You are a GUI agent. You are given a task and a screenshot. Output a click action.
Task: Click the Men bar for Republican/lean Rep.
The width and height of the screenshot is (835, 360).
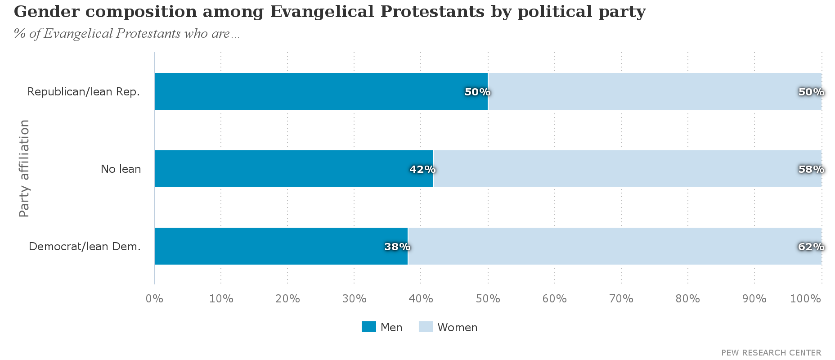[321, 91]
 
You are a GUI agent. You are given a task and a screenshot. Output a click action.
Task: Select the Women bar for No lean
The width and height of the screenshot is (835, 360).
[627, 169]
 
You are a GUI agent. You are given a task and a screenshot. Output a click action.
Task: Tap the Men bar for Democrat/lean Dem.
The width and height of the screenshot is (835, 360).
[281, 246]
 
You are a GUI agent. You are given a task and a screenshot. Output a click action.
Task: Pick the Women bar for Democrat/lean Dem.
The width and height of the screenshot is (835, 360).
[615, 246]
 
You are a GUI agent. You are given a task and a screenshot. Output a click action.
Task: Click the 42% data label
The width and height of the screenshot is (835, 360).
[422, 170]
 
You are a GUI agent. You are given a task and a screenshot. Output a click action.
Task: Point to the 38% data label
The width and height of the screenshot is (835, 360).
[397, 247]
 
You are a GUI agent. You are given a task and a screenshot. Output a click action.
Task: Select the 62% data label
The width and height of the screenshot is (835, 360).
[811, 247]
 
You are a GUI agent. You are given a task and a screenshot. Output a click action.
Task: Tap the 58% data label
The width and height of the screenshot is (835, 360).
[811, 170]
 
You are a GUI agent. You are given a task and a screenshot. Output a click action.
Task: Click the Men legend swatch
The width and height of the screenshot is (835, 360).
[369, 327]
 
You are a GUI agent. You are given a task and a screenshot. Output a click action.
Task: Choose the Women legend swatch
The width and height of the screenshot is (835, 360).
[426, 327]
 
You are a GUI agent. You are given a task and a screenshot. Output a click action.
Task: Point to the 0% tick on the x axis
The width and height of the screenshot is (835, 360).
[154, 299]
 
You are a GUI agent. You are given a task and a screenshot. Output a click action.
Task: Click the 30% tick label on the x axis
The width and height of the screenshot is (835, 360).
[355, 299]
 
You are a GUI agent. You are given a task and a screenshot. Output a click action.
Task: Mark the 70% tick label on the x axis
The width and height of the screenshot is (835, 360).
[621, 299]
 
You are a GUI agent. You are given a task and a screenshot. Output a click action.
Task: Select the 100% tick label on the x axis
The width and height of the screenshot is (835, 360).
[806, 299]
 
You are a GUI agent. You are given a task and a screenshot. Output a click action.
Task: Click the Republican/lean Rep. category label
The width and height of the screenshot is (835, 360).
[84, 92]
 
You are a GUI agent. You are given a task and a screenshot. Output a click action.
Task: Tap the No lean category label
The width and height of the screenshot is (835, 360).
[121, 169]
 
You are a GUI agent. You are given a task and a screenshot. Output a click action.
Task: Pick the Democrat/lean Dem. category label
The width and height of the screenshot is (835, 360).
[85, 247]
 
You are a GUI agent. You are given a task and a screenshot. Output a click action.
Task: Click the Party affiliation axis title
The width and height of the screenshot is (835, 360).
[24, 169]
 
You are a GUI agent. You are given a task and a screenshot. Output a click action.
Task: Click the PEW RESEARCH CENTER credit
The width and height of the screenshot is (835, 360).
[771, 353]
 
